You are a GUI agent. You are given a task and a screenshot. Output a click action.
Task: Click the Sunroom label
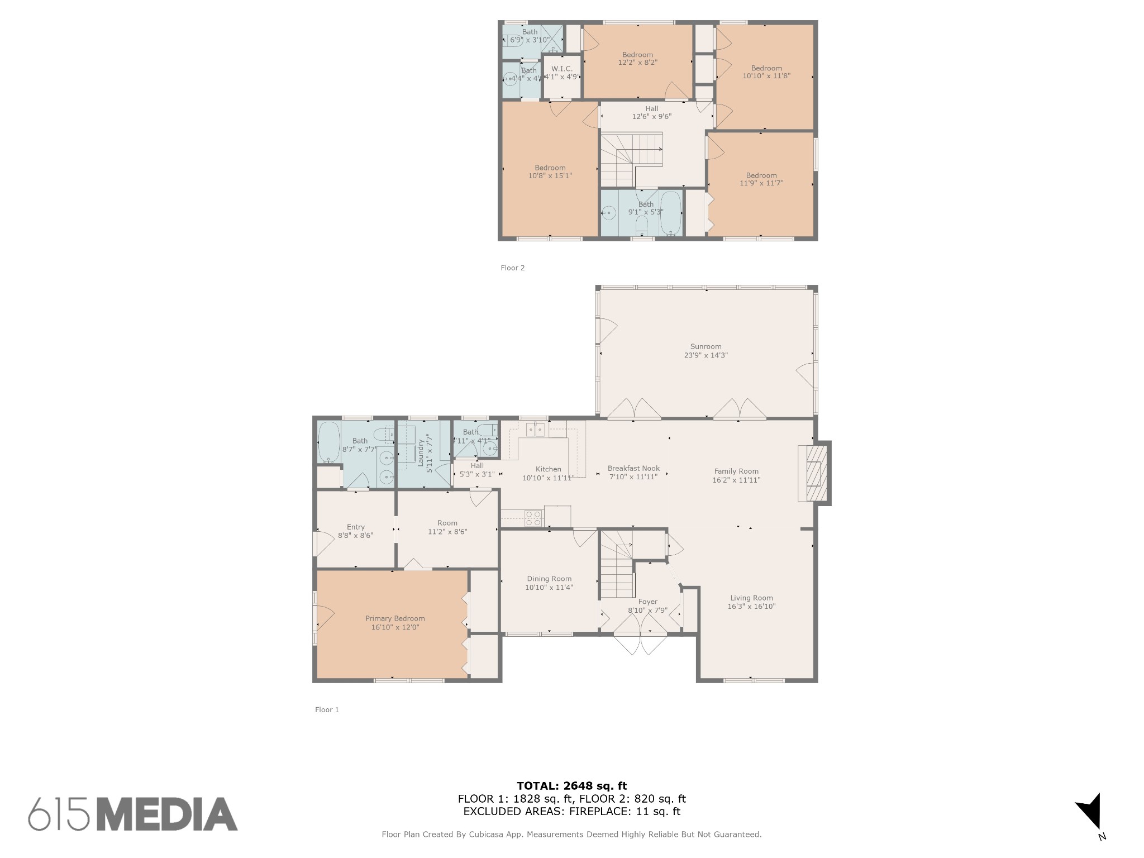(706, 346)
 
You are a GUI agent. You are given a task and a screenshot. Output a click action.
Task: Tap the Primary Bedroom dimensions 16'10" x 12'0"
(395, 627)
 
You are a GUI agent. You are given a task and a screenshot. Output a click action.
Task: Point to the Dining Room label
(549, 579)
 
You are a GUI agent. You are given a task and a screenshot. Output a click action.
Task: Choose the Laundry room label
(422, 452)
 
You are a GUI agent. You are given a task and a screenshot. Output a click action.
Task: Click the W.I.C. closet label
(561, 69)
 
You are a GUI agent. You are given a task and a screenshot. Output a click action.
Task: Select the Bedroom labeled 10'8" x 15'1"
(550, 171)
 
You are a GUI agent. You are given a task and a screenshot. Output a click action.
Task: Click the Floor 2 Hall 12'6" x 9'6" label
(651, 113)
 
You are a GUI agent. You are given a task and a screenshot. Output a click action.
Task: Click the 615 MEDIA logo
(133, 814)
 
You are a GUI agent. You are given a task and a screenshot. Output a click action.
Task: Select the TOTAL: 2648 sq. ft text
(571, 786)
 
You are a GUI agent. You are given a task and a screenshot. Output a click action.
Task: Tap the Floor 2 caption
(512, 268)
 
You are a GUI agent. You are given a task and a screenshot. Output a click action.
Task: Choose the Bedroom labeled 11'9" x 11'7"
(761, 179)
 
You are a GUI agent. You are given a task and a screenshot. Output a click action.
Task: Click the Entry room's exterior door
(322, 542)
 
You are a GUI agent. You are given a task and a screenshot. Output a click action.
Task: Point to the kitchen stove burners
(533, 518)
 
